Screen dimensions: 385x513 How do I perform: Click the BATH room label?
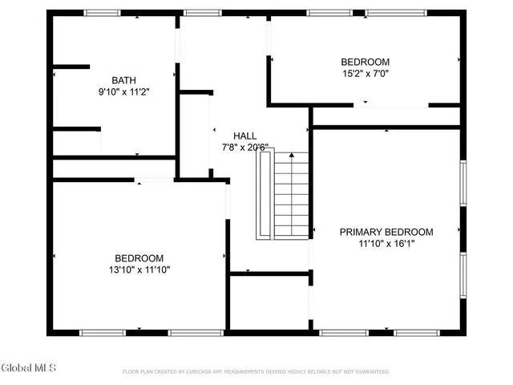[123, 79]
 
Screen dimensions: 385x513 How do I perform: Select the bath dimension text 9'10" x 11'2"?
[123, 91]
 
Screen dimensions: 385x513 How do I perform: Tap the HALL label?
[245, 136]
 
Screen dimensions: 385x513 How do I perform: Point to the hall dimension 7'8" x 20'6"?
[245, 148]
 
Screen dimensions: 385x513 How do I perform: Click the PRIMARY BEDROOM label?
[386, 232]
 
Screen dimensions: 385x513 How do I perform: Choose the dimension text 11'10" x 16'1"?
[386, 244]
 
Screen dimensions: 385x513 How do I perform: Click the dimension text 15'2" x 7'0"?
[366, 74]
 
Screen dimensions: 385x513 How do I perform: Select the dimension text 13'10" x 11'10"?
[139, 269]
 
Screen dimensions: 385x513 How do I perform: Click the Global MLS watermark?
[29, 368]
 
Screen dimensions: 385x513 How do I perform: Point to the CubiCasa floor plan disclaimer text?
[256, 371]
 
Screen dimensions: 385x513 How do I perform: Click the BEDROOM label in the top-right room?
[366, 62]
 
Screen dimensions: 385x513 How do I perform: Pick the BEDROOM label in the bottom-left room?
[139, 257]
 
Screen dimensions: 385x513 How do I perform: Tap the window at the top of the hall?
[202, 12]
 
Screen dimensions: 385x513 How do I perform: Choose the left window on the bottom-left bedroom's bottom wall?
[102, 332]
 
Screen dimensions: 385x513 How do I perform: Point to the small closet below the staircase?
[269, 302]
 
